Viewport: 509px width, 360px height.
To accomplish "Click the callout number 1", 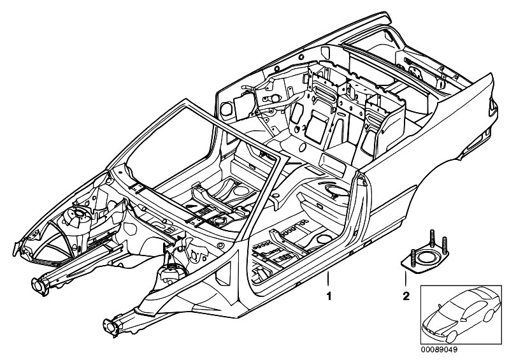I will [x=329, y=296].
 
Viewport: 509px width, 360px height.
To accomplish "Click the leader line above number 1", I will [x=329, y=280].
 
